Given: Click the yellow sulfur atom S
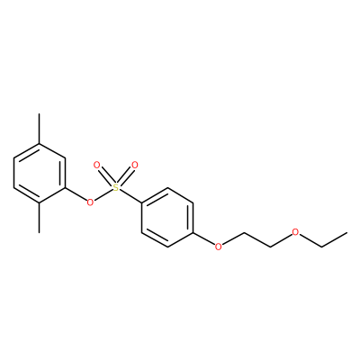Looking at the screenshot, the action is pos(115,188).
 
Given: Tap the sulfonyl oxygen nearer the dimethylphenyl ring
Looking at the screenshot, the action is pos(96,165).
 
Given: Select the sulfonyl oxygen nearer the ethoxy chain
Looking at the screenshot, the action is pos(135,165).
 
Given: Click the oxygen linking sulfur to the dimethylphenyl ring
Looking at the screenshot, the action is pos(90,202).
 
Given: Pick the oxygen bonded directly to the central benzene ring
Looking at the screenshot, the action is pos(219,247).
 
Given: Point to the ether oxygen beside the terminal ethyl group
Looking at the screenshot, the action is pos(295,232).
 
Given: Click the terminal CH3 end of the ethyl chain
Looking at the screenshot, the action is pos(346,232).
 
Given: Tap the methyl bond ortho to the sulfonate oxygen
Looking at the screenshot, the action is pos(39,218).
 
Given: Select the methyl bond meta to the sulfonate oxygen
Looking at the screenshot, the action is pos(39,129).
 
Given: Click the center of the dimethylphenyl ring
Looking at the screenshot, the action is pos(39,174).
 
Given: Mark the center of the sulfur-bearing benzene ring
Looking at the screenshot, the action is pos(167,218).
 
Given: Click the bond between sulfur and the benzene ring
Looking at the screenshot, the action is pos(130,196).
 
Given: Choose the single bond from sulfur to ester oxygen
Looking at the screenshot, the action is pos(103,195).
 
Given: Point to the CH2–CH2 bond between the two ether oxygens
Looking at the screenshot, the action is pos(257,239).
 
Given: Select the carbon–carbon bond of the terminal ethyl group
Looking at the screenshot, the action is pos(334,239).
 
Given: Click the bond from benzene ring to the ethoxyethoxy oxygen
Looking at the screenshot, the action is pos(203,238).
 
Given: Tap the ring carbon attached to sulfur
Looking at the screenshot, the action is pos(141,202).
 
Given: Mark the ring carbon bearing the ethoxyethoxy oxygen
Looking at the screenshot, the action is pos(193,232).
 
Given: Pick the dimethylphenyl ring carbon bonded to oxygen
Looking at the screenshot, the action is pos(65,188).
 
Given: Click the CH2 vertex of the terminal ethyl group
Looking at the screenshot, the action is pos(321,247).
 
